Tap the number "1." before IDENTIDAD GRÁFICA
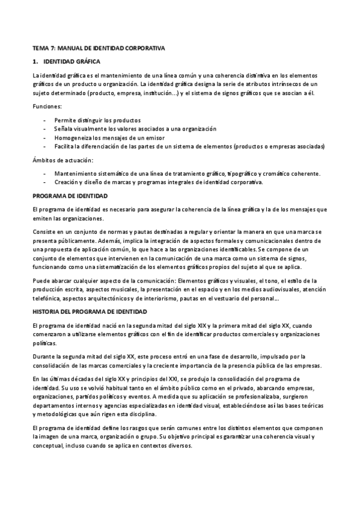[35, 61]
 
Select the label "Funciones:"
[46, 106]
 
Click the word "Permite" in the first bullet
[64, 120]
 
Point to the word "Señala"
[63, 129]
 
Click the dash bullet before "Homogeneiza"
[45, 138]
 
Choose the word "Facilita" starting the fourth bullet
[64, 146]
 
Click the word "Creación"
[66, 182]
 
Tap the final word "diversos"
[178, 447]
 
